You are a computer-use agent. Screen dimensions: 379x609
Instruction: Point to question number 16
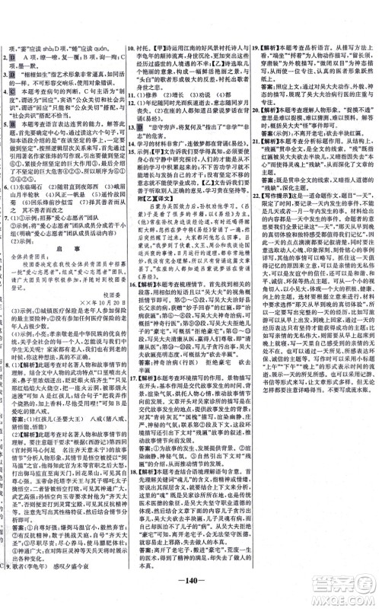click(132, 302)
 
